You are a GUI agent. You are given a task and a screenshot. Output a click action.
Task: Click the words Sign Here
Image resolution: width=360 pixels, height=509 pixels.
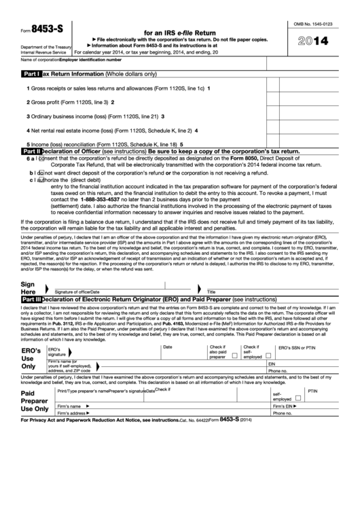pos(28,287)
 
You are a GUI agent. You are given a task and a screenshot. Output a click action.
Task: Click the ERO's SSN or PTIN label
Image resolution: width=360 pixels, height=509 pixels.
pos(297,347)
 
